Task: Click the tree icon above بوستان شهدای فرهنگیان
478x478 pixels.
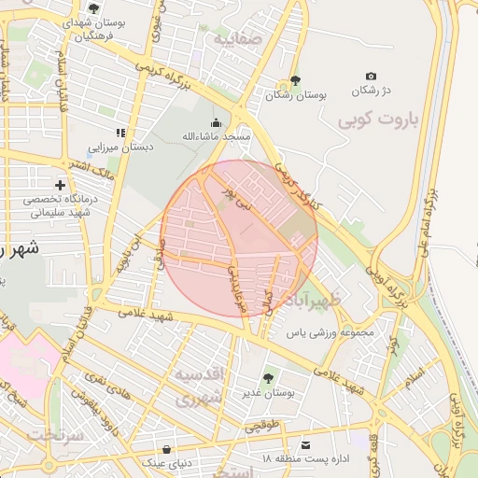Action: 93,8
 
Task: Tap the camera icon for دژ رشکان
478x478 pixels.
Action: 372,76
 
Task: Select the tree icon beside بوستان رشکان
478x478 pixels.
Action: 296,80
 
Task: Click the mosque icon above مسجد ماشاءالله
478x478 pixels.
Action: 217,122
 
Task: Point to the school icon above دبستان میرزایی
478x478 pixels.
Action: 119,133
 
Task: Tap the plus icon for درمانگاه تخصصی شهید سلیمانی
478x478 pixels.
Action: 62,186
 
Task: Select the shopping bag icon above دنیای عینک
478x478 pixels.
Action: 166,448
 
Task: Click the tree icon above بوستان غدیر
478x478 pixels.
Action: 269,378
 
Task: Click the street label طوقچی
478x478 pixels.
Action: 261,427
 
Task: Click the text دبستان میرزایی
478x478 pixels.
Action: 119,148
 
